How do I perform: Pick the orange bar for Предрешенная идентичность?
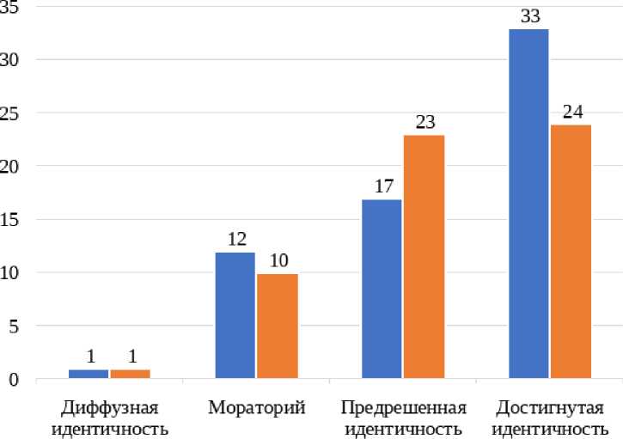click(x=424, y=257)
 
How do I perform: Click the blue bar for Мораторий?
click(x=235, y=315)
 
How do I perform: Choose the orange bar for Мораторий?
click(x=277, y=326)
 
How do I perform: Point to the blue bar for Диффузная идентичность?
click(x=89, y=374)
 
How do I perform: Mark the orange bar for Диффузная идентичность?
click(x=130, y=374)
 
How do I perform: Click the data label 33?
click(x=528, y=16)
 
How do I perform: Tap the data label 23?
click(x=424, y=122)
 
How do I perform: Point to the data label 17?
click(x=382, y=186)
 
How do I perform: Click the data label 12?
click(x=235, y=240)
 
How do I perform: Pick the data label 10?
click(x=277, y=261)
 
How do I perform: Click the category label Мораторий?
click(x=256, y=407)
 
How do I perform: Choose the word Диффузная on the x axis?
click(x=109, y=407)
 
